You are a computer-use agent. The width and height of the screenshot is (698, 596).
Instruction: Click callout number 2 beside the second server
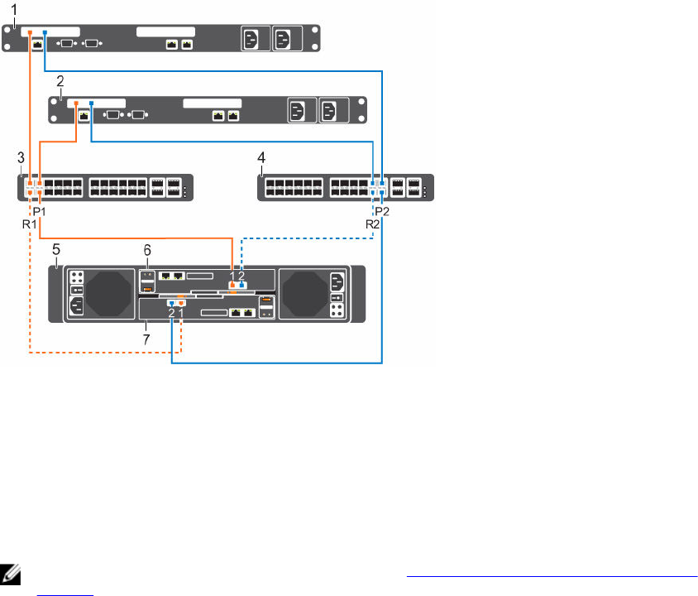(60, 82)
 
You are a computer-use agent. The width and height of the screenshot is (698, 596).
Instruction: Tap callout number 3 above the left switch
(20, 157)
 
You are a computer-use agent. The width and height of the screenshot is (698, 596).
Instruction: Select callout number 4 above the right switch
(262, 157)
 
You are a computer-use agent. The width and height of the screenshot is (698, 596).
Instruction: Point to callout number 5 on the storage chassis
(55, 248)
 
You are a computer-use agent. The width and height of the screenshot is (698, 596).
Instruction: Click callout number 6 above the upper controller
(148, 248)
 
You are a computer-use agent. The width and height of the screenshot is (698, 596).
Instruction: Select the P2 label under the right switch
(384, 211)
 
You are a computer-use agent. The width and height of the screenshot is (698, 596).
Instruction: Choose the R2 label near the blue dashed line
(374, 223)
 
